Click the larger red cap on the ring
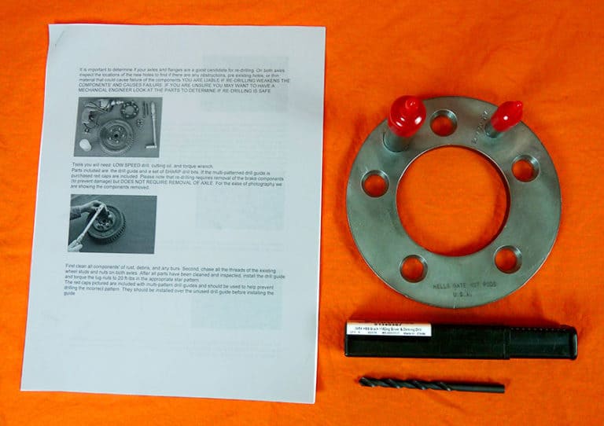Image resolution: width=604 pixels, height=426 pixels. (x=406, y=115)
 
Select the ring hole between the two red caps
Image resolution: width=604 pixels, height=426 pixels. (x=444, y=123)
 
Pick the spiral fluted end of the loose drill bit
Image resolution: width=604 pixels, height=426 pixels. (x=401, y=384)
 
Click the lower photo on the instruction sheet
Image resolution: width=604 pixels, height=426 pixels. (x=112, y=223)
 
